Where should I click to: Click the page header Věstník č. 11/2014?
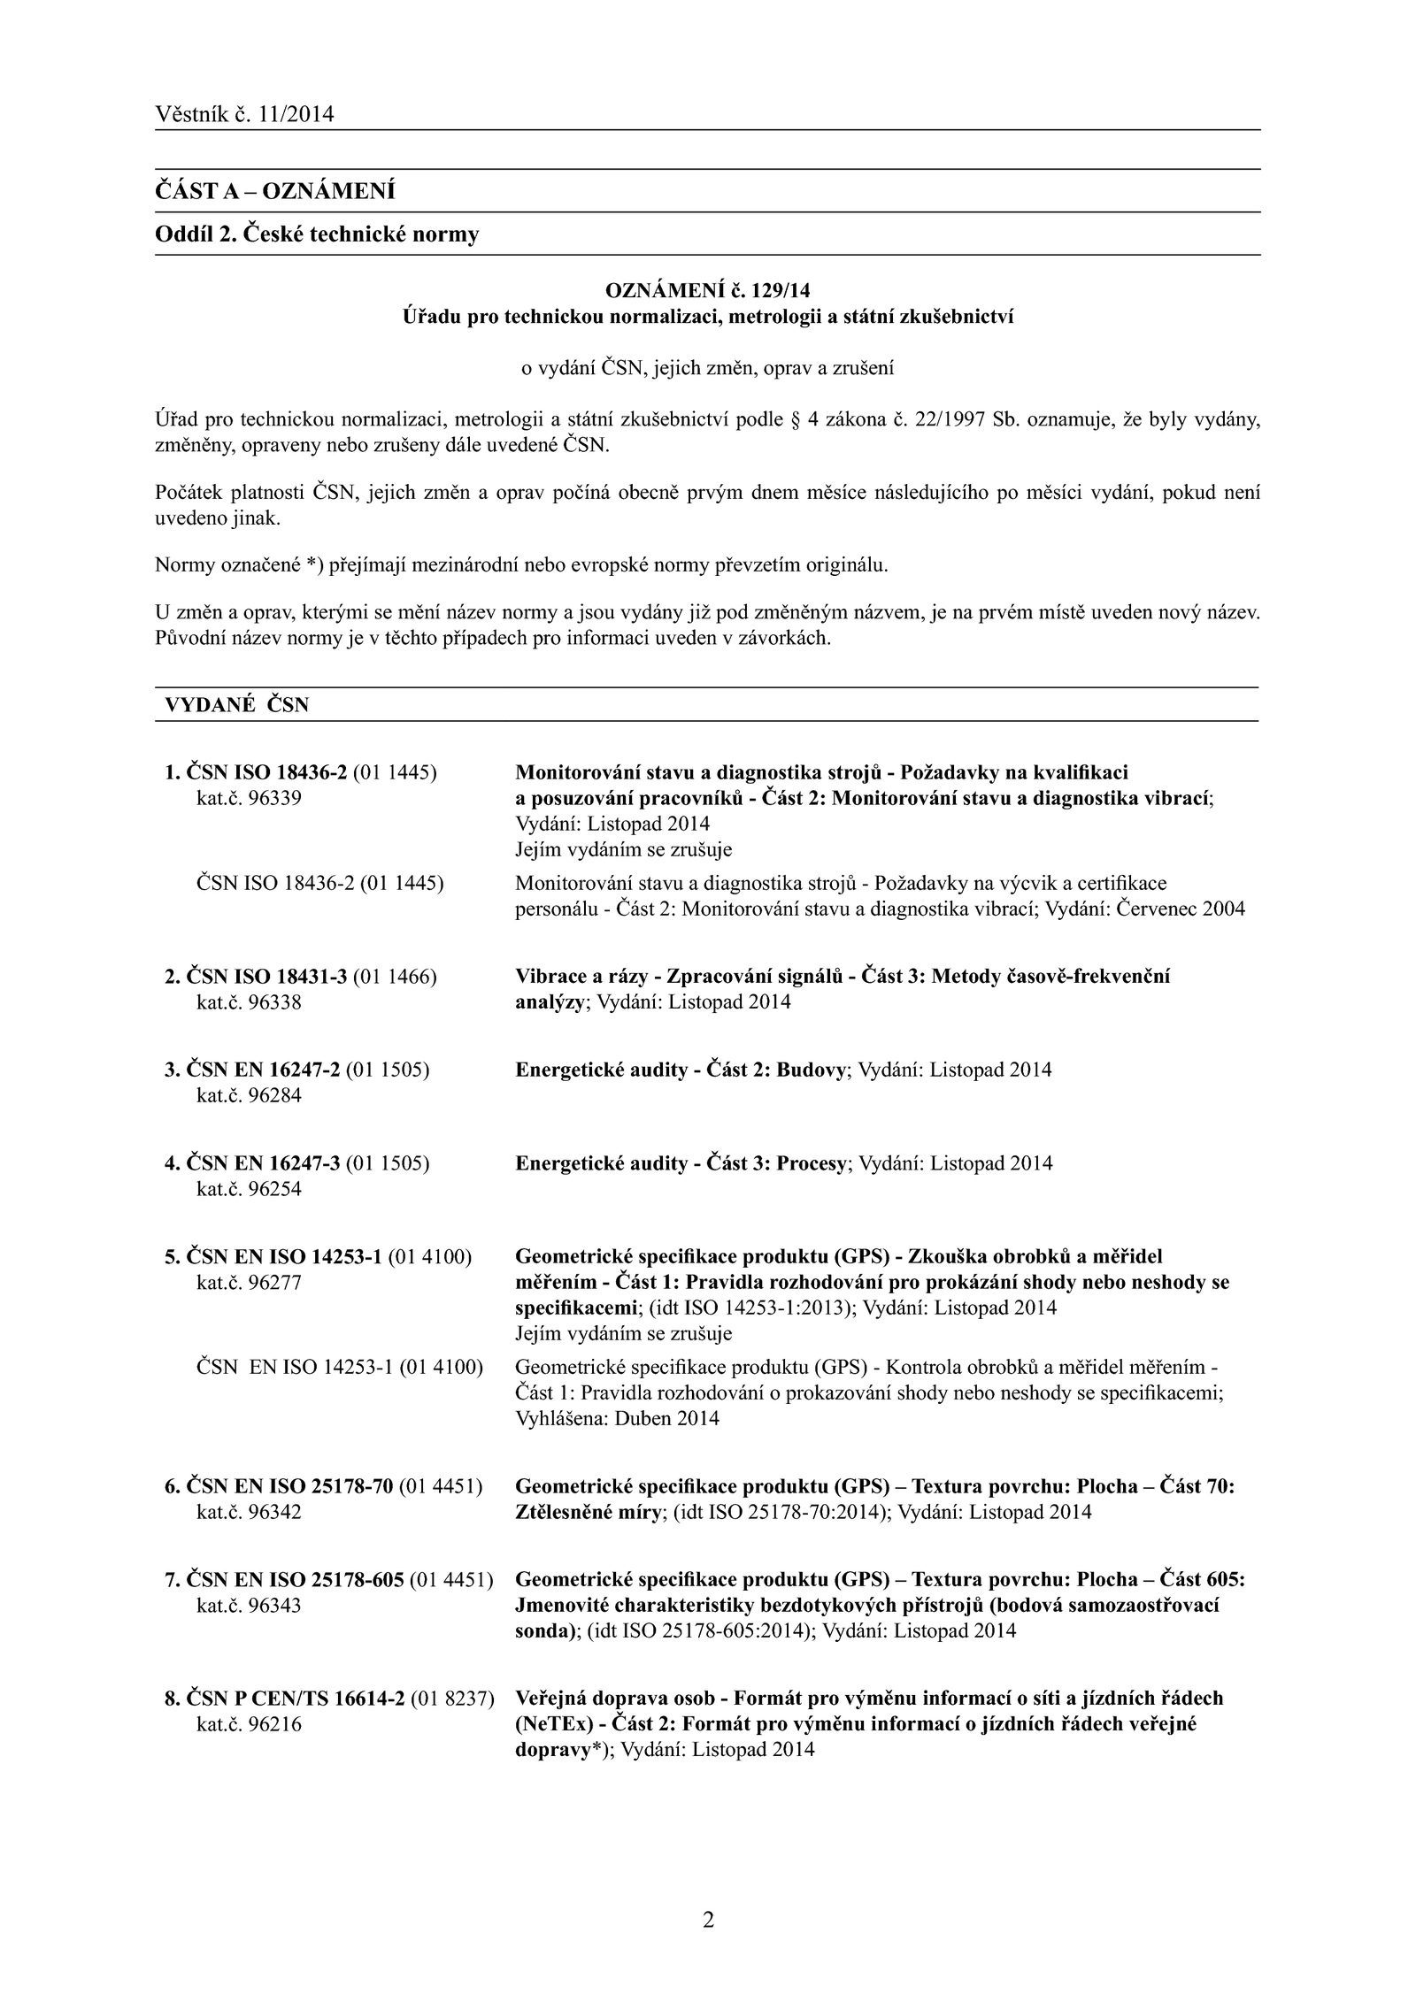coord(244,114)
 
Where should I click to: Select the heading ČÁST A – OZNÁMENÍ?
coord(275,191)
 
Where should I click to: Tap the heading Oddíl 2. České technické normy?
coord(317,234)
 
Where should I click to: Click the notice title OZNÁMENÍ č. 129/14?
coord(707,290)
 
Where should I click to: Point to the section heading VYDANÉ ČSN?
coord(237,705)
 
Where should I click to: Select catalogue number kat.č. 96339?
coord(249,798)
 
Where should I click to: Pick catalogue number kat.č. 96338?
coord(249,1002)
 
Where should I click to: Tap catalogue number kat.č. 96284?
coord(249,1095)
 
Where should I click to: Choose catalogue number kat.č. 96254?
coord(249,1189)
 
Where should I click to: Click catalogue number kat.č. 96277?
coord(249,1283)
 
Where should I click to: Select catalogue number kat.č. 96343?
coord(249,1606)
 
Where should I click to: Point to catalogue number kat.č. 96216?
coord(249,1724)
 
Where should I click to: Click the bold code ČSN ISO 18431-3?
coord(267,977)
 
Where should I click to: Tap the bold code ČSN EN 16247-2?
coord(264,1070)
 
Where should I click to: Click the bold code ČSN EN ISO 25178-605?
coord(296,1580)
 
